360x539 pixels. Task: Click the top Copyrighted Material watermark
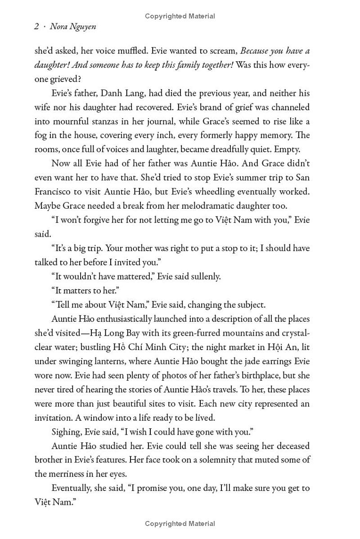point(180,16)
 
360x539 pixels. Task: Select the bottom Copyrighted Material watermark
point(180,523)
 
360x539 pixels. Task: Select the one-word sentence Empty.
point(287,149)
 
